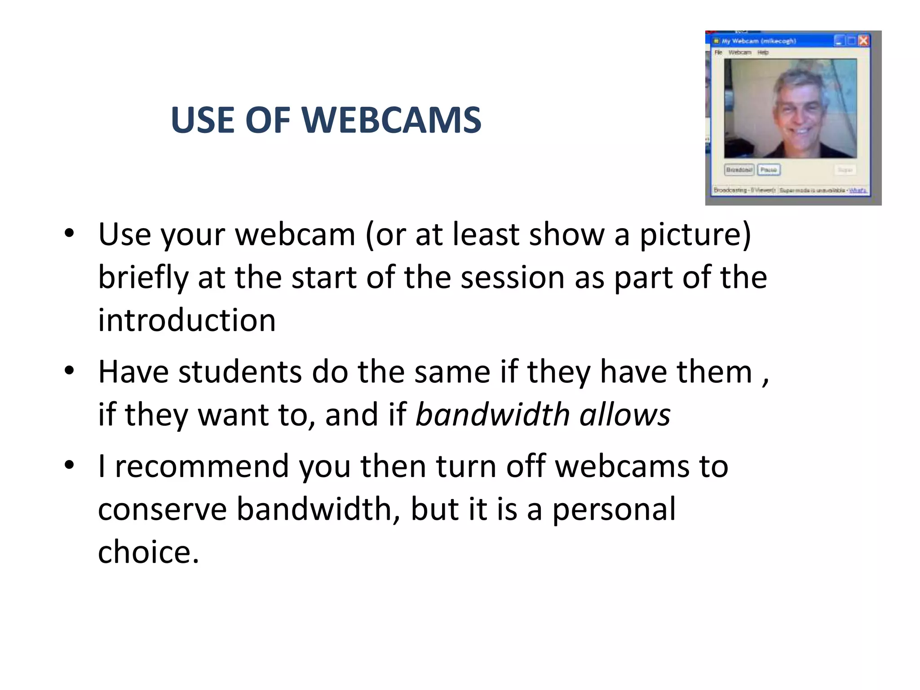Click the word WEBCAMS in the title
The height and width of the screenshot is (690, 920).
pyautogui.click(x=391, y=120)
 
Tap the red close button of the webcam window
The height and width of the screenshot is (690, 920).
pyautogui.click(x=863, y=41)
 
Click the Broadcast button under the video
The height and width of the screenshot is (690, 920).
pyautogui.click(x=739, y=170)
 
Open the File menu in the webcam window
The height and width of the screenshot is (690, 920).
pyautogui.click(x=719, y=53)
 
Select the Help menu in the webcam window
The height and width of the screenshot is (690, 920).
pyautogui.click(x=763, y=53)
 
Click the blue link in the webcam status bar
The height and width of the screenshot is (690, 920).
pyautogui.click(x=858, y=190)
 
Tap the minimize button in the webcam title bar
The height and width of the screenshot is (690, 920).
pyautogui.click(x=839, y=41)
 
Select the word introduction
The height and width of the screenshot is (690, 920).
pyautogui.click(x=187, y=321)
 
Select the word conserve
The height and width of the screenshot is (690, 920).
pyautogui.click(x=162, y=509)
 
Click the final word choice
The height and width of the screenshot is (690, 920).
pyautogui.click(x=148, y=552)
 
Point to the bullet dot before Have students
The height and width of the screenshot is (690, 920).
pyautogui.click(x=69, y=371)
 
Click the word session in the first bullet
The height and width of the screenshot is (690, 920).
pyautogui.click(x=513, y=278)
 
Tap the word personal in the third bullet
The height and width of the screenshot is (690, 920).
pyautogui.click(x=614, y=509)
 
